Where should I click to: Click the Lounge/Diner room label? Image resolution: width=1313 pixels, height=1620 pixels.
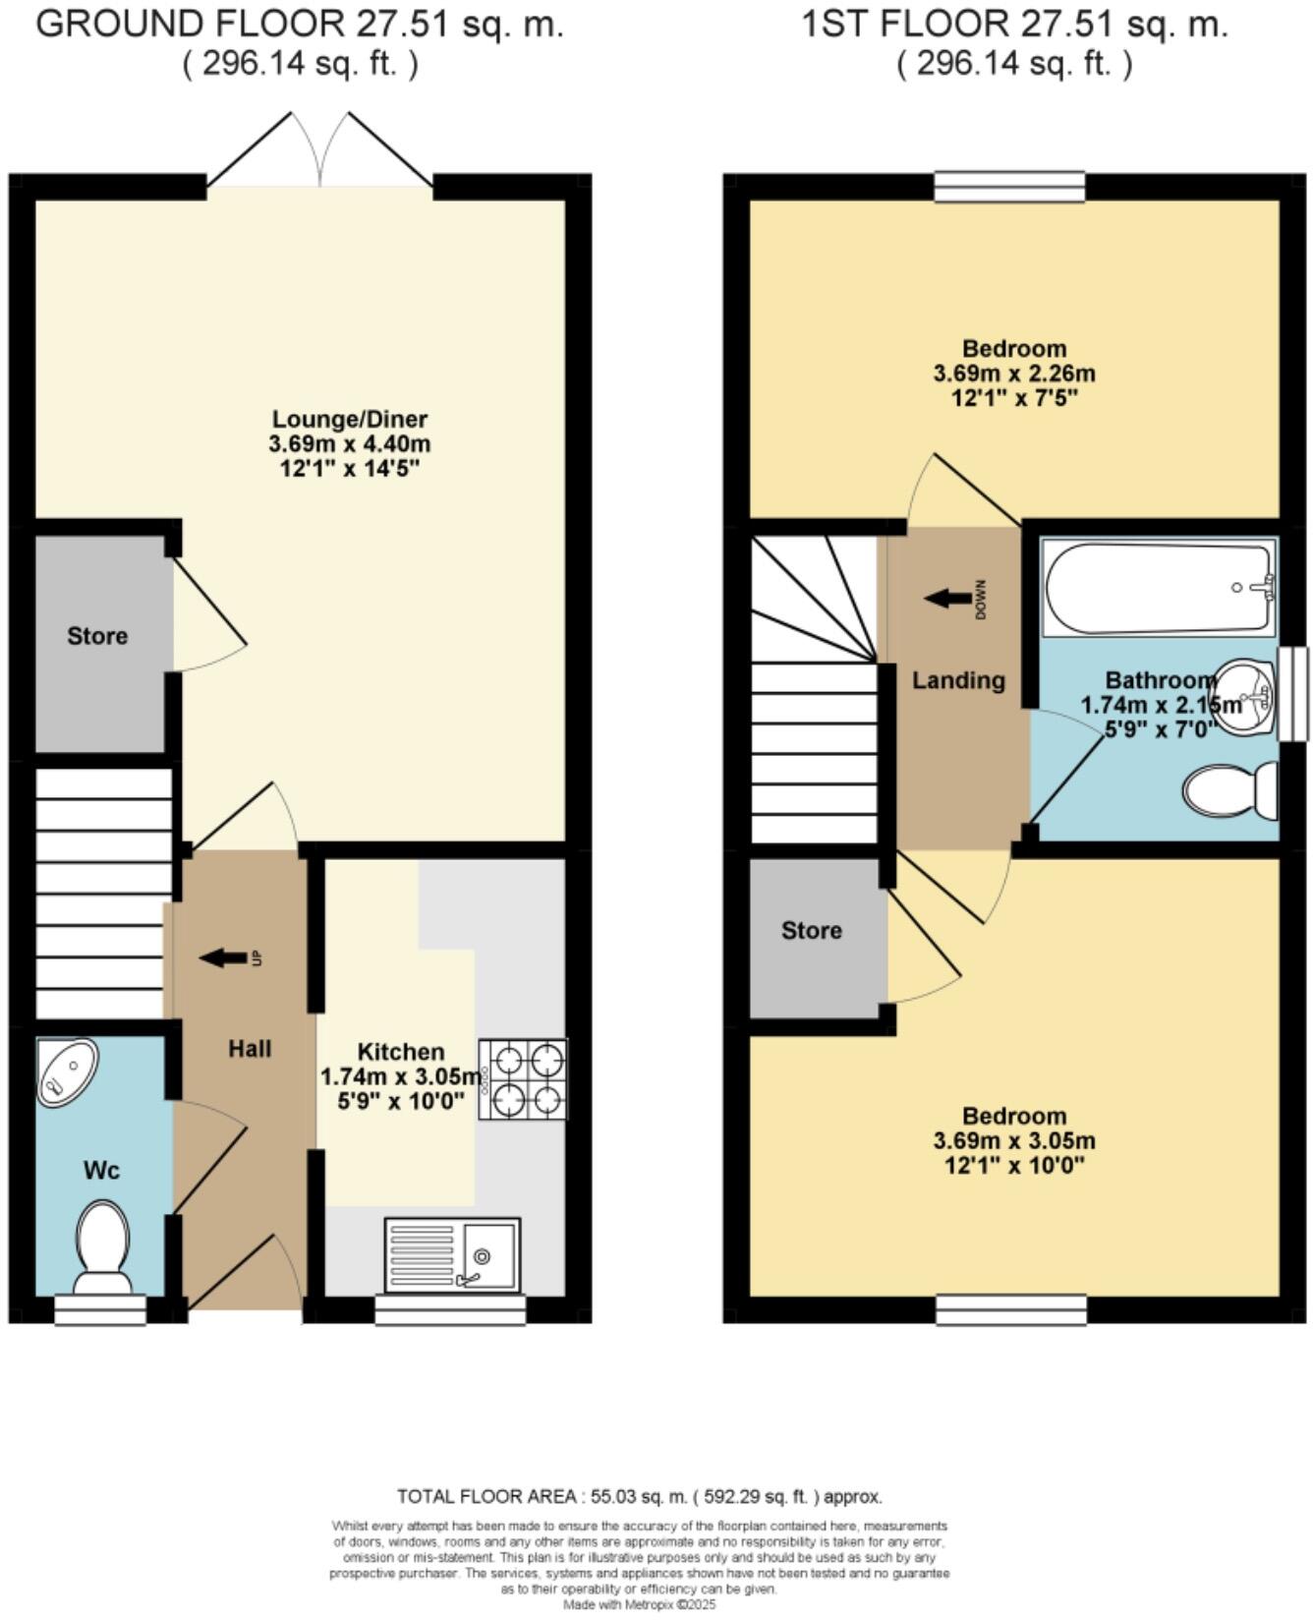349,419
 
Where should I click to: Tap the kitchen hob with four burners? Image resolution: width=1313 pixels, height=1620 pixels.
523,1079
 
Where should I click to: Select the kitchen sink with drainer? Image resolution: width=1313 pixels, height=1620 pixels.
453,1255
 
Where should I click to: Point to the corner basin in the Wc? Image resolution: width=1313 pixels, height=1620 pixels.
67,1072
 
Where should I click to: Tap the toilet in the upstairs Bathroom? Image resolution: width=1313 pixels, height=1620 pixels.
1228,791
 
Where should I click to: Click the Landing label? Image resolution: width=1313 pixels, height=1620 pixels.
958,680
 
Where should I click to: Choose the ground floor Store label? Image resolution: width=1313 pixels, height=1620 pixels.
97,636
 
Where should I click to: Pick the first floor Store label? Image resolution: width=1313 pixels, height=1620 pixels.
811,930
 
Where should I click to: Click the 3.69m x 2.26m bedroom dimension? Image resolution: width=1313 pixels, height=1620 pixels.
1013,374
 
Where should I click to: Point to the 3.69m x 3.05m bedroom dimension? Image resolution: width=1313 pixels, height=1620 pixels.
1013,1141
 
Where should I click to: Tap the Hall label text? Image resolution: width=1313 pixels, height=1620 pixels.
250,1049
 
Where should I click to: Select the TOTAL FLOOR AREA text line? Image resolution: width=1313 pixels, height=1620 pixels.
640,1497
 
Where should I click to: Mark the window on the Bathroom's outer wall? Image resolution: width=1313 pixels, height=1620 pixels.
1292,692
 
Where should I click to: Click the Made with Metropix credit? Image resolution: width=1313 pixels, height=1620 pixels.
640,1604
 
